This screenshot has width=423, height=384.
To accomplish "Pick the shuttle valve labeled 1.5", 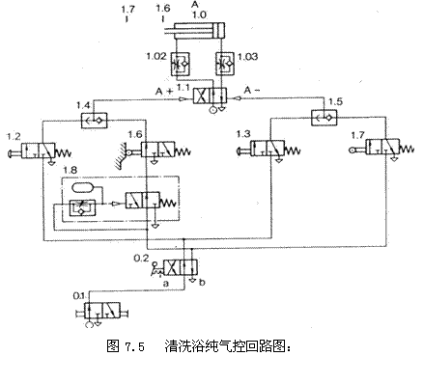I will coord(322,119).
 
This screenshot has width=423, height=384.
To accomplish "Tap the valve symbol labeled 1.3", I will coord(269,150).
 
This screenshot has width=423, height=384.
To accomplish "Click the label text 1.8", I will coord(70,171).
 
